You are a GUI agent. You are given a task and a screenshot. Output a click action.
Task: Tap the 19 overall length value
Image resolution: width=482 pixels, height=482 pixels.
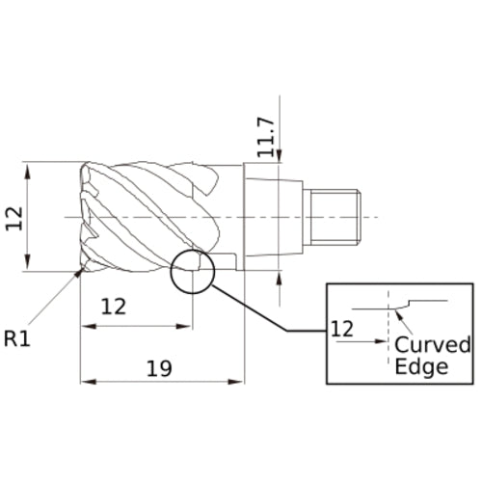(160, 366)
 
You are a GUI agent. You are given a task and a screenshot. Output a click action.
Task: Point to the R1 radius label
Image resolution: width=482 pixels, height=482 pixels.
(17, 338)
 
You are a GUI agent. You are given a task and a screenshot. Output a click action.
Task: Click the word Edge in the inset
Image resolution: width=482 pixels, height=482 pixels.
(421, 367)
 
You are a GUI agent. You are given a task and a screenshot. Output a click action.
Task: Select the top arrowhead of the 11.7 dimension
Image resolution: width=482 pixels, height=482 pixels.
(278, 158)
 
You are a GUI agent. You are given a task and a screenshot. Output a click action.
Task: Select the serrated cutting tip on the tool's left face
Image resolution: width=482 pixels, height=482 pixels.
(90, 217)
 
